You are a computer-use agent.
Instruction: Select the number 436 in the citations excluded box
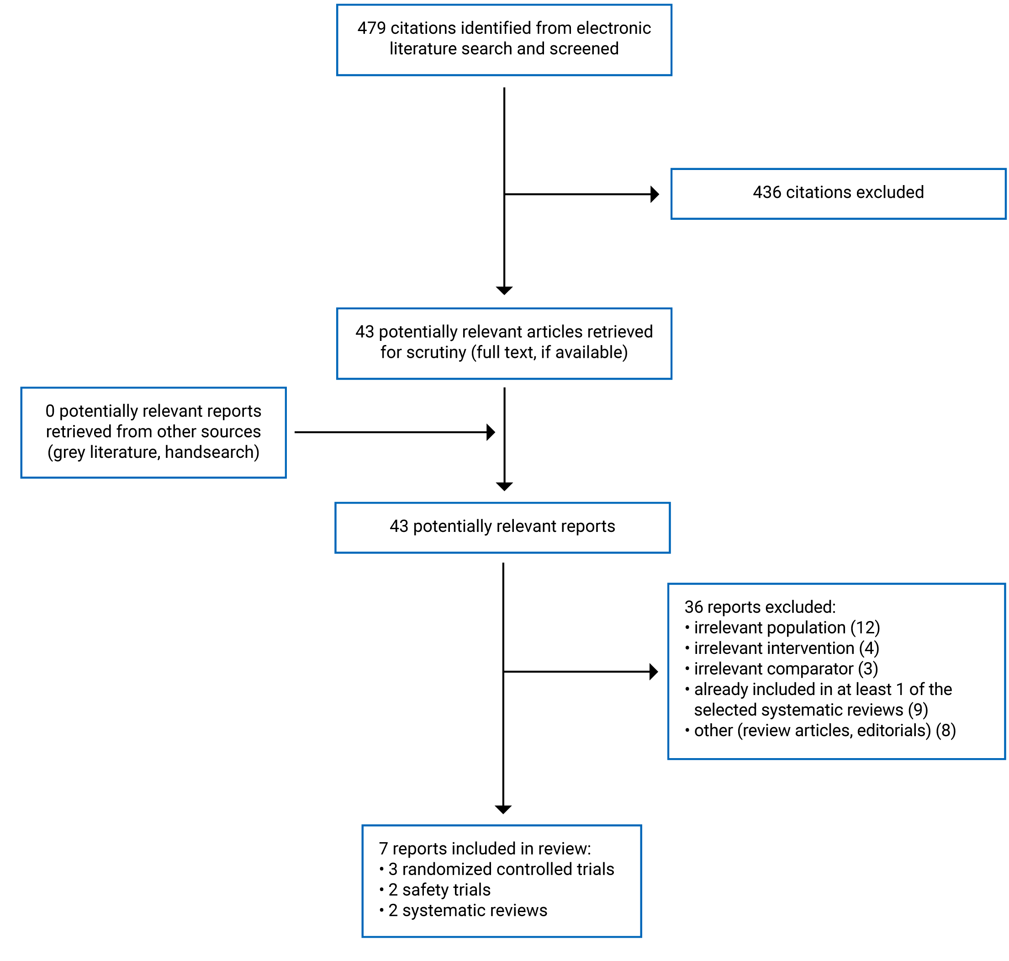click(x=766, y=192)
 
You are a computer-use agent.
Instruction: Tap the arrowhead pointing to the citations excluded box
click(x=654, y=194)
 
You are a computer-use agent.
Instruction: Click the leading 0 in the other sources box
click(x=50, y=411)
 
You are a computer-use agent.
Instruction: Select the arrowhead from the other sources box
click(x=490, y=432)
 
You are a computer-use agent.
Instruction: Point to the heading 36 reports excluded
click(x=760, y=607)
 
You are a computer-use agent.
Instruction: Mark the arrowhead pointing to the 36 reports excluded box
click(x=653, y=672)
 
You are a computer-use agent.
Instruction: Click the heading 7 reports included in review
click(x=484, y=849)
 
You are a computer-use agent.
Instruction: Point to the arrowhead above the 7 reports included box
click(x=503, y=809)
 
